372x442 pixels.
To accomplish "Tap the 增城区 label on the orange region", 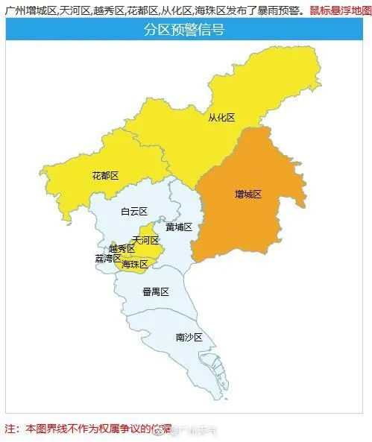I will (248, 194).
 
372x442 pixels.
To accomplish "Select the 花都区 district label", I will (105, 176).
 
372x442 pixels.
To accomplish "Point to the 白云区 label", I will (134, 212).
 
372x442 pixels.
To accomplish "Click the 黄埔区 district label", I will (179, 227).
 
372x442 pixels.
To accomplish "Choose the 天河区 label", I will (146, 240).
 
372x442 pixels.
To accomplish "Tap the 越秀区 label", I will (121, 248).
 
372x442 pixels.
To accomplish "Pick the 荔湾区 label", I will (107, 258).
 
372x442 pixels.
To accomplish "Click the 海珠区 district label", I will (135, 264).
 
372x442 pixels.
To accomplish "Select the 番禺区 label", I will (156, 291).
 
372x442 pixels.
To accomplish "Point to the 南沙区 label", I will (189, 337).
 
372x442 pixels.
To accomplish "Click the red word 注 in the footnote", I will (10, 429).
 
